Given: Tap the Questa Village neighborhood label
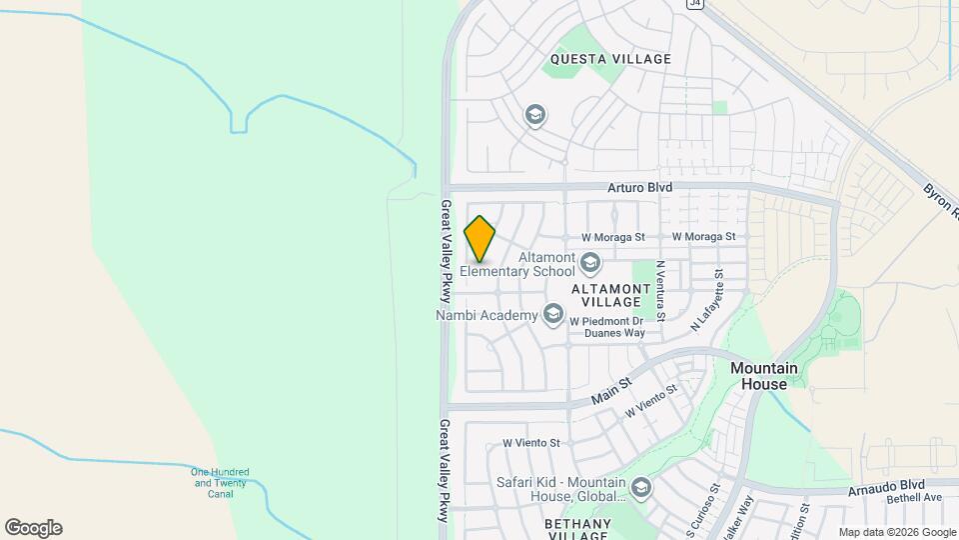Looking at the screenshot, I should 609,59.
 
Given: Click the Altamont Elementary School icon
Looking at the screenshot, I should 590,264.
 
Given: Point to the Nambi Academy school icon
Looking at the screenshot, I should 552,316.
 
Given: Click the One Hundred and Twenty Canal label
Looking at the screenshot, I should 220,483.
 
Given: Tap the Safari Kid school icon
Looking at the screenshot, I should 640,489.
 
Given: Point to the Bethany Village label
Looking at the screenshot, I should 577,529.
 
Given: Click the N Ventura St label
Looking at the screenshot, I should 660,290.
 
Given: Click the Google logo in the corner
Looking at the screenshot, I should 33,528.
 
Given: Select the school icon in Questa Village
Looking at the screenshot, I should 534,116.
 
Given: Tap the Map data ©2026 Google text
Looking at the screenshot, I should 896,532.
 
